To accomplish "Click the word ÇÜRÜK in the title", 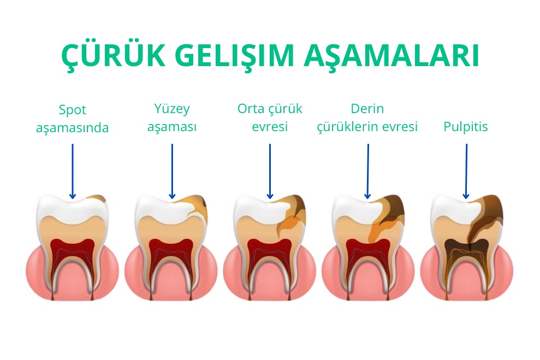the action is pyautogui.click(x=114, y=56).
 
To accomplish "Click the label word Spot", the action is pyautogui.click(x=72, y=110).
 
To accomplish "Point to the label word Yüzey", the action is pyautogui.click(x=172, y=109).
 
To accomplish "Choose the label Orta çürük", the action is pyautogui.click(x=270, y=109).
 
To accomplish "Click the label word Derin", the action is pyautogui.click(x=367, y=109).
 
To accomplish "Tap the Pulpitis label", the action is pyautogui.click(x=465, y=126).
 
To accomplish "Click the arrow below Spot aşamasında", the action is pyautogui.click(x=72, y=171).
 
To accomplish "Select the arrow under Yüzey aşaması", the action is pyautogui.click(x=172, y=171).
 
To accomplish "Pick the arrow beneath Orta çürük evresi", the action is pyautogui.click(x=270, y=171).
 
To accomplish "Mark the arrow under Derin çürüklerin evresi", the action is pyautogui.click(x=368, y=171).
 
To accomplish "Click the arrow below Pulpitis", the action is pyautogui.click(x=466, y=171).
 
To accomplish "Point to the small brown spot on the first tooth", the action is pyautogui.click(x=97, y=198).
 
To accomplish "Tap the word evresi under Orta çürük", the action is pyautogui.click(x=270, y=126).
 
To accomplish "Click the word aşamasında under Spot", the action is pyautogui.click(x=72, y=128).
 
